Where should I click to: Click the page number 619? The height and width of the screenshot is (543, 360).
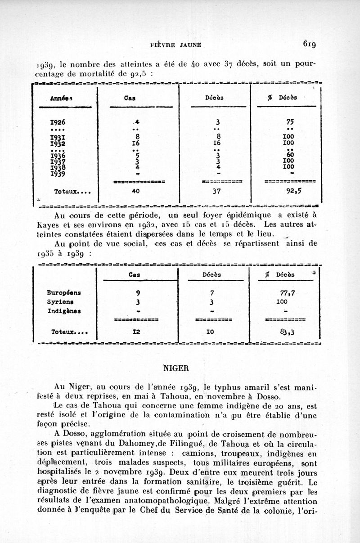[x=311, y=44]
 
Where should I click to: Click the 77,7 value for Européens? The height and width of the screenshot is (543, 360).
[x=287, y=292]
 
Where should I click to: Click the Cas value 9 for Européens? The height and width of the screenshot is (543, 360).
[x=132, y=292]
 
